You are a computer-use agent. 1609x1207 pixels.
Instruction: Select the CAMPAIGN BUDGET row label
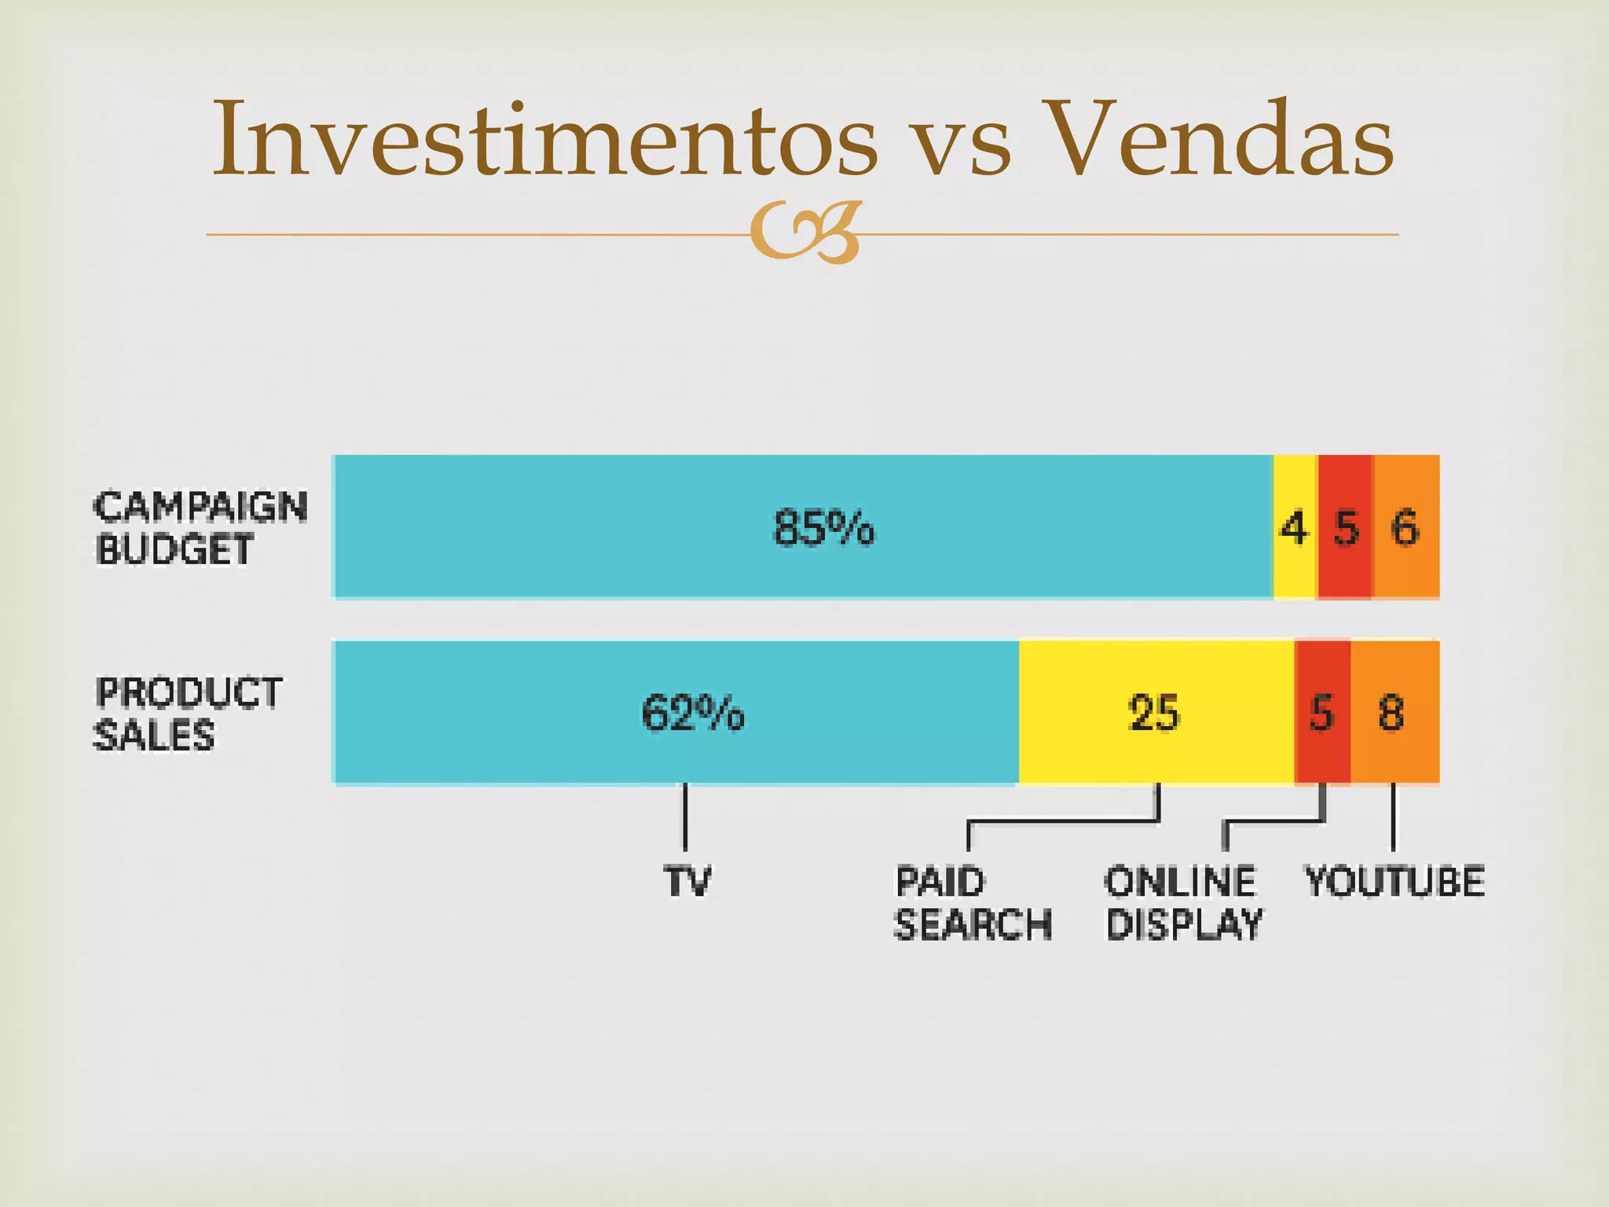(x=200, y=527)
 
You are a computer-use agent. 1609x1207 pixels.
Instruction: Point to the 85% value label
(x=823, y=527)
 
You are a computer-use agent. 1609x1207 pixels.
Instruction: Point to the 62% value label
(x=692, y=714)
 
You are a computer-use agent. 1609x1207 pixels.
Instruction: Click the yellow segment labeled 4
(x=1295, y=527)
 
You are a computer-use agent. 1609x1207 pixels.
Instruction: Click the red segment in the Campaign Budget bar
(x=1346, y=527)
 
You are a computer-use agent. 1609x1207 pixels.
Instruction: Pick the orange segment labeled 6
(x=1406, y=527)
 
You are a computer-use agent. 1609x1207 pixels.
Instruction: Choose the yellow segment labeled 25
(x=1155, y=714)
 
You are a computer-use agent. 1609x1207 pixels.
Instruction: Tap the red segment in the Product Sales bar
(x=1322, y=714)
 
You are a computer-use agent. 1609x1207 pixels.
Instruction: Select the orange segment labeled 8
(x=1394, y=714)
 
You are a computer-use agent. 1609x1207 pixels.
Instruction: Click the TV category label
(x=687, y=881)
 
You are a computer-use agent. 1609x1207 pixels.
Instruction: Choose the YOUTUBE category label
(x=1395, y=881)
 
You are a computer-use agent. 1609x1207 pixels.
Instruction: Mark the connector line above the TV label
(x=685, y=817)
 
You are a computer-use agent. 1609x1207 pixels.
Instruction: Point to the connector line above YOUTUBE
(x=1393, y=817)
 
